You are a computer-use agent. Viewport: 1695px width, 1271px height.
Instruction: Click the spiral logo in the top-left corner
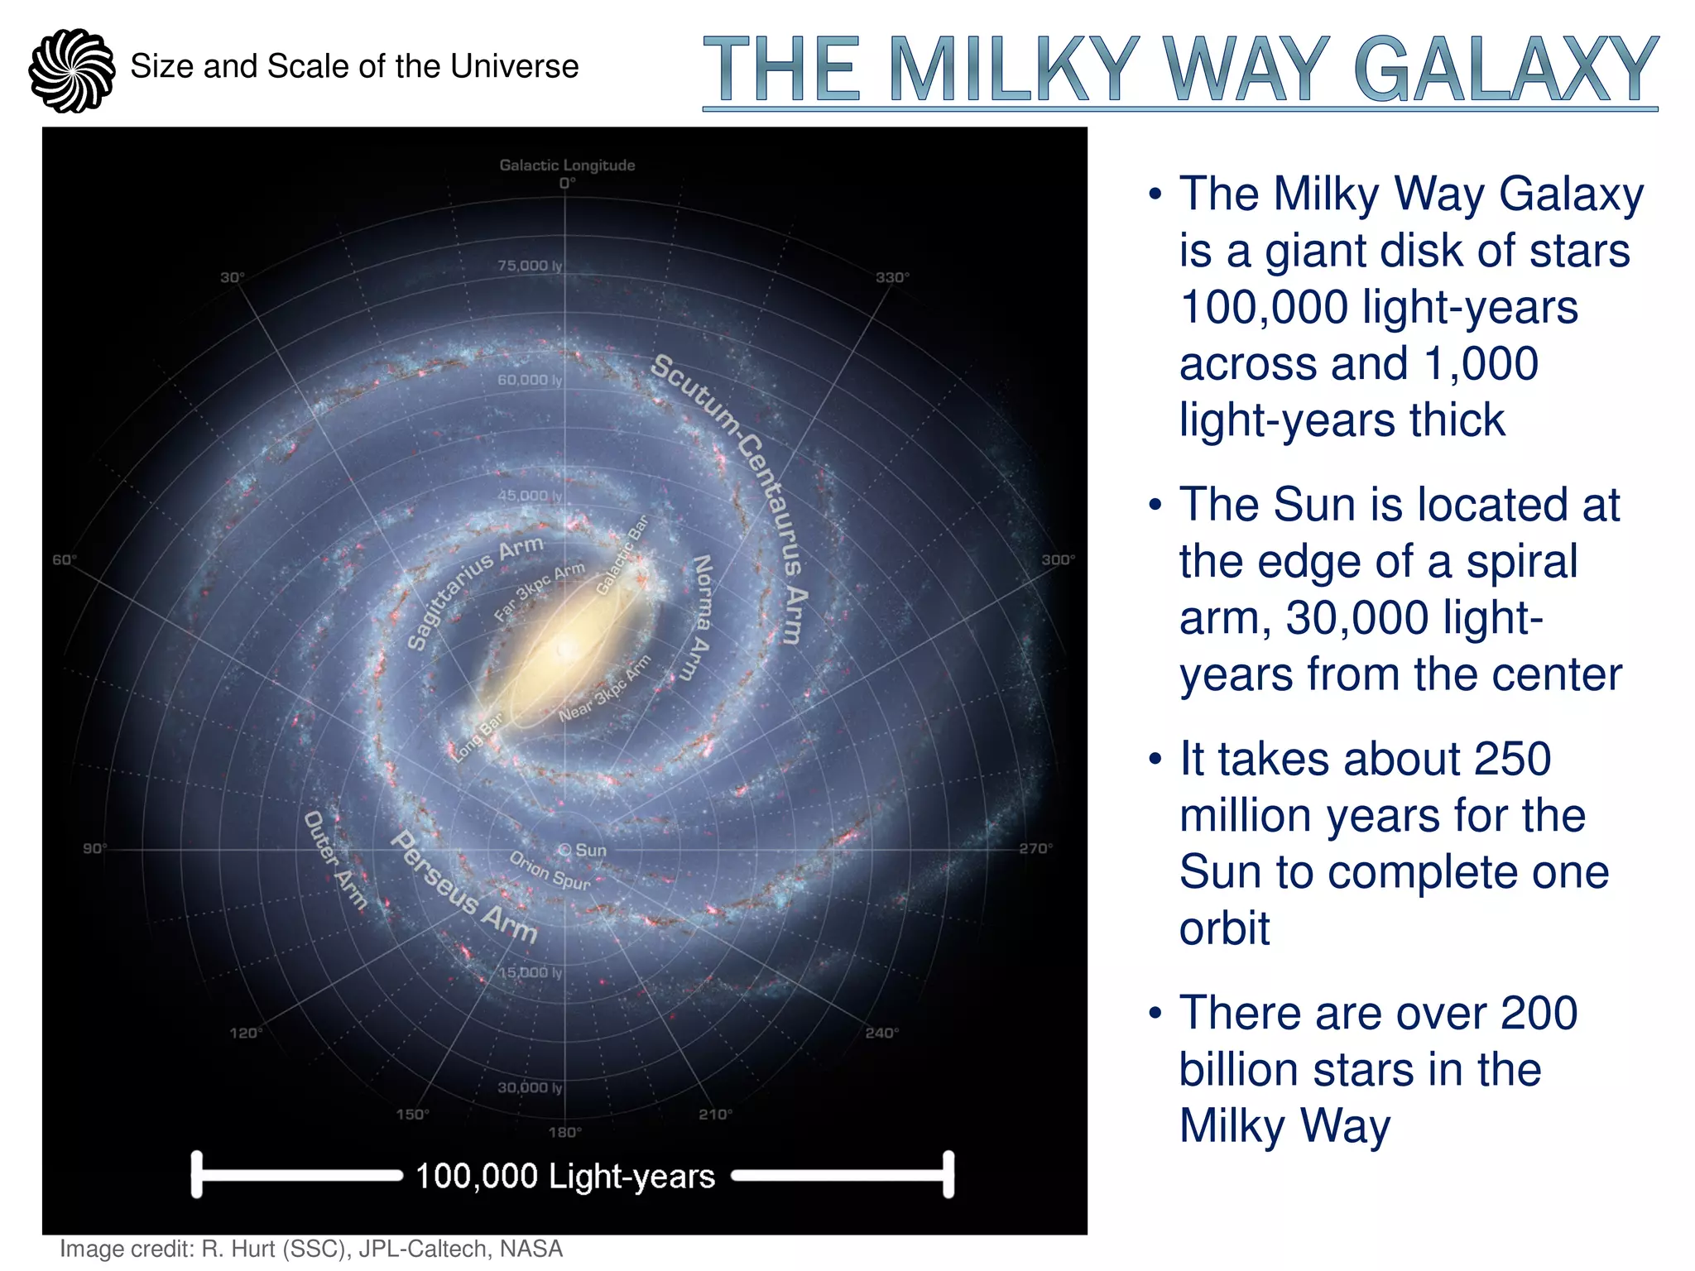tap(71, 70)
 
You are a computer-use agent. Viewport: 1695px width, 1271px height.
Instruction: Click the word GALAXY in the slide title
tap(1505, 70)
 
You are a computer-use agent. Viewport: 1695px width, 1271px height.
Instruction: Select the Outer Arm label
tap(334, 861)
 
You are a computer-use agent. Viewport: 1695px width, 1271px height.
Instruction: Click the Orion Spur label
tap(550, 871)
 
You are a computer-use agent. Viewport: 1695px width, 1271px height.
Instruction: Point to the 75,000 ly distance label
tap(530, 266)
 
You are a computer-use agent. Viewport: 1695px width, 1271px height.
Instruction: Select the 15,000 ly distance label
tap(530, 972)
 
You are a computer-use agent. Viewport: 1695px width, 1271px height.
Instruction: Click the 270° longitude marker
tap(1035, 848)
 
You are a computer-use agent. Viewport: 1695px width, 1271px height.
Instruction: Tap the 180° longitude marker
tap(565, 1132)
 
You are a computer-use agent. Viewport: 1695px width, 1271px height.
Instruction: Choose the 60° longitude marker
tap(65, 560)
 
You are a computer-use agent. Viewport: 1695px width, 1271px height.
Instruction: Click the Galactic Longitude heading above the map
tap(567, 165)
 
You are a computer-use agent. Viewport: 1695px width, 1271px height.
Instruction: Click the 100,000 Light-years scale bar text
tap(565, 1176)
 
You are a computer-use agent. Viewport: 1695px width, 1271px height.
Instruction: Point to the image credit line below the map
tap(311, 1249)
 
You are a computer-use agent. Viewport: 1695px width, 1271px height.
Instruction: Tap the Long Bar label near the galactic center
tap(478, 737)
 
